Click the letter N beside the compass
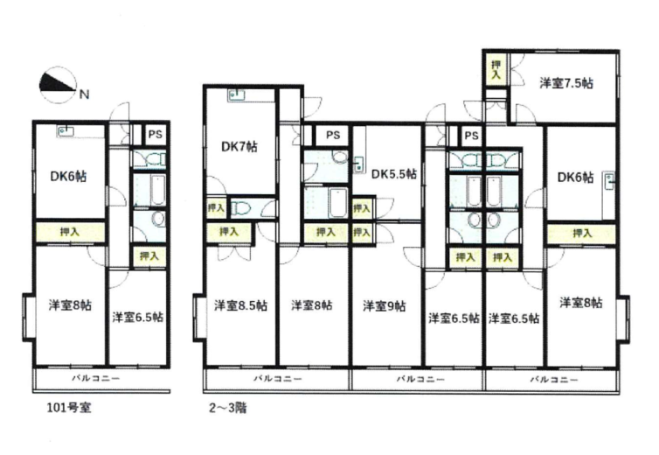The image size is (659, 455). click(x=85, y=94)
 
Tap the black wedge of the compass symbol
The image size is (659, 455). click(x=54, y=83)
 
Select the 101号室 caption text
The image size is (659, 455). click(x=68, y=408)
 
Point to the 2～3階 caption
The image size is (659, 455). click(x=228, y=408)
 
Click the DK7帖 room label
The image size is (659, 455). click(x=239, y=147)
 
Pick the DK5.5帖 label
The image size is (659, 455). click(x=394, y=174)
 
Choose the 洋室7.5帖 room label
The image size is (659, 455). click(x=566, y=83)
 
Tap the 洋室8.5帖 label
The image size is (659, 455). click(x=240, y=305)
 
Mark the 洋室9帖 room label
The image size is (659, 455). click(x=385, y=306)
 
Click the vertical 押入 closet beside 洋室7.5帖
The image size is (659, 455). click(x=496, y=69)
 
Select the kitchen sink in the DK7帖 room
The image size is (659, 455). click(x=237, y=95)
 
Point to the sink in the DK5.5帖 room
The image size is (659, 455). click(x=358, y=164)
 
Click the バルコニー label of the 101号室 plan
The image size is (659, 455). click(x=96, y=378)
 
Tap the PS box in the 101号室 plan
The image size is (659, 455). click(x=155, y=135)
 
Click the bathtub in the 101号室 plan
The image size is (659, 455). click(x=157, y=190)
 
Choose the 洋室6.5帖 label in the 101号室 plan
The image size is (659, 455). click(x=138, y=317)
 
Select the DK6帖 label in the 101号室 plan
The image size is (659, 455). click(x=68, y=177)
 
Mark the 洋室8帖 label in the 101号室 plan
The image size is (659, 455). click(x=70, y=304)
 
